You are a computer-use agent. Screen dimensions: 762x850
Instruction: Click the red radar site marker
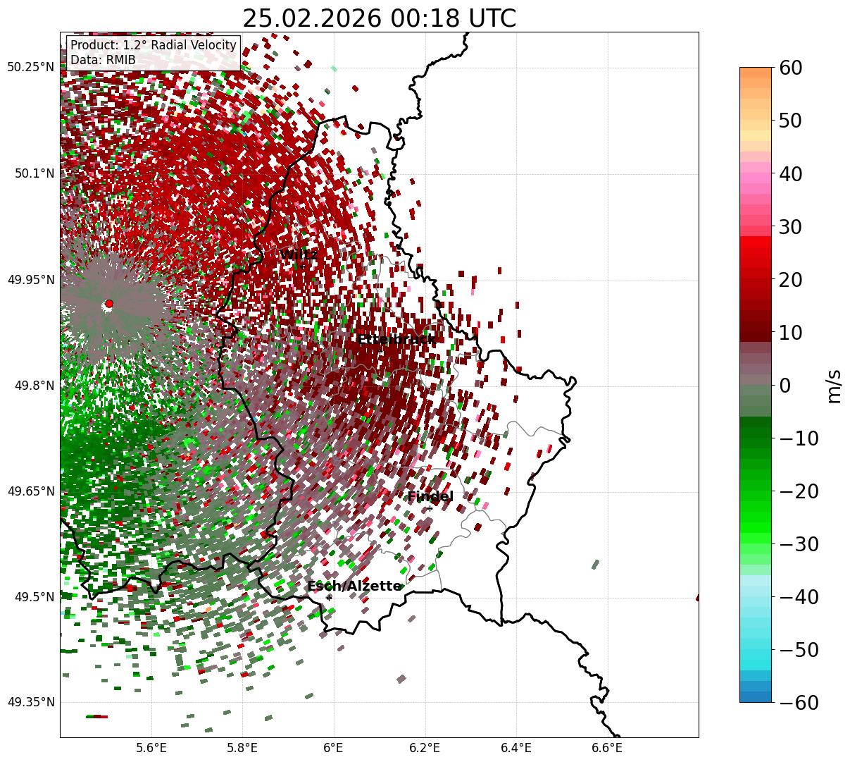(x=109, y=304)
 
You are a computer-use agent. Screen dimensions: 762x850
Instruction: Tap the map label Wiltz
(x=299, y=254)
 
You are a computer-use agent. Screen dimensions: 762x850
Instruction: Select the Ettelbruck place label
(x=396, y=340)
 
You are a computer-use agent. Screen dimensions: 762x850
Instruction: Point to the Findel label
(x=430, y=497)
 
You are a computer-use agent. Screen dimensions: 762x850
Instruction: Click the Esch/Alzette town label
(x=354, y=586)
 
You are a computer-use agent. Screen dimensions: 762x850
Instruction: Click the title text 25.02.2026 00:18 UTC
(x=379, y=18)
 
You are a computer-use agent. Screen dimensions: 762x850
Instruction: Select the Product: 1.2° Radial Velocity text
(x=154, y=45)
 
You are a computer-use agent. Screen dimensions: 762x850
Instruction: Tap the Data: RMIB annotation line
(x=103, y=60)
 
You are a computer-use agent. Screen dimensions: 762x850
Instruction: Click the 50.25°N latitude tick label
(x=30, y=68)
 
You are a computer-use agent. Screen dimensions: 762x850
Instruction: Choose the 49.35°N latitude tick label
(x=30, y=703)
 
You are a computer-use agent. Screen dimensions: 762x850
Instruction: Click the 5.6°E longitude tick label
(x=151, y=748)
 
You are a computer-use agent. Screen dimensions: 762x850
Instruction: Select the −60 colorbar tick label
(x=799, y=703)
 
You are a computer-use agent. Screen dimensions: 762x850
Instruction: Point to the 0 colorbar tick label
(x=785, y=386)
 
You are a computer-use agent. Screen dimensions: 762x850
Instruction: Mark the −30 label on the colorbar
(x=799, y=544)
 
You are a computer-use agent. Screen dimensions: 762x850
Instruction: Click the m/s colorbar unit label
(x=835, y=386)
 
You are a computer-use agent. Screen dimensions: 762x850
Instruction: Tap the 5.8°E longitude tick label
(x=242, y=748)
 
